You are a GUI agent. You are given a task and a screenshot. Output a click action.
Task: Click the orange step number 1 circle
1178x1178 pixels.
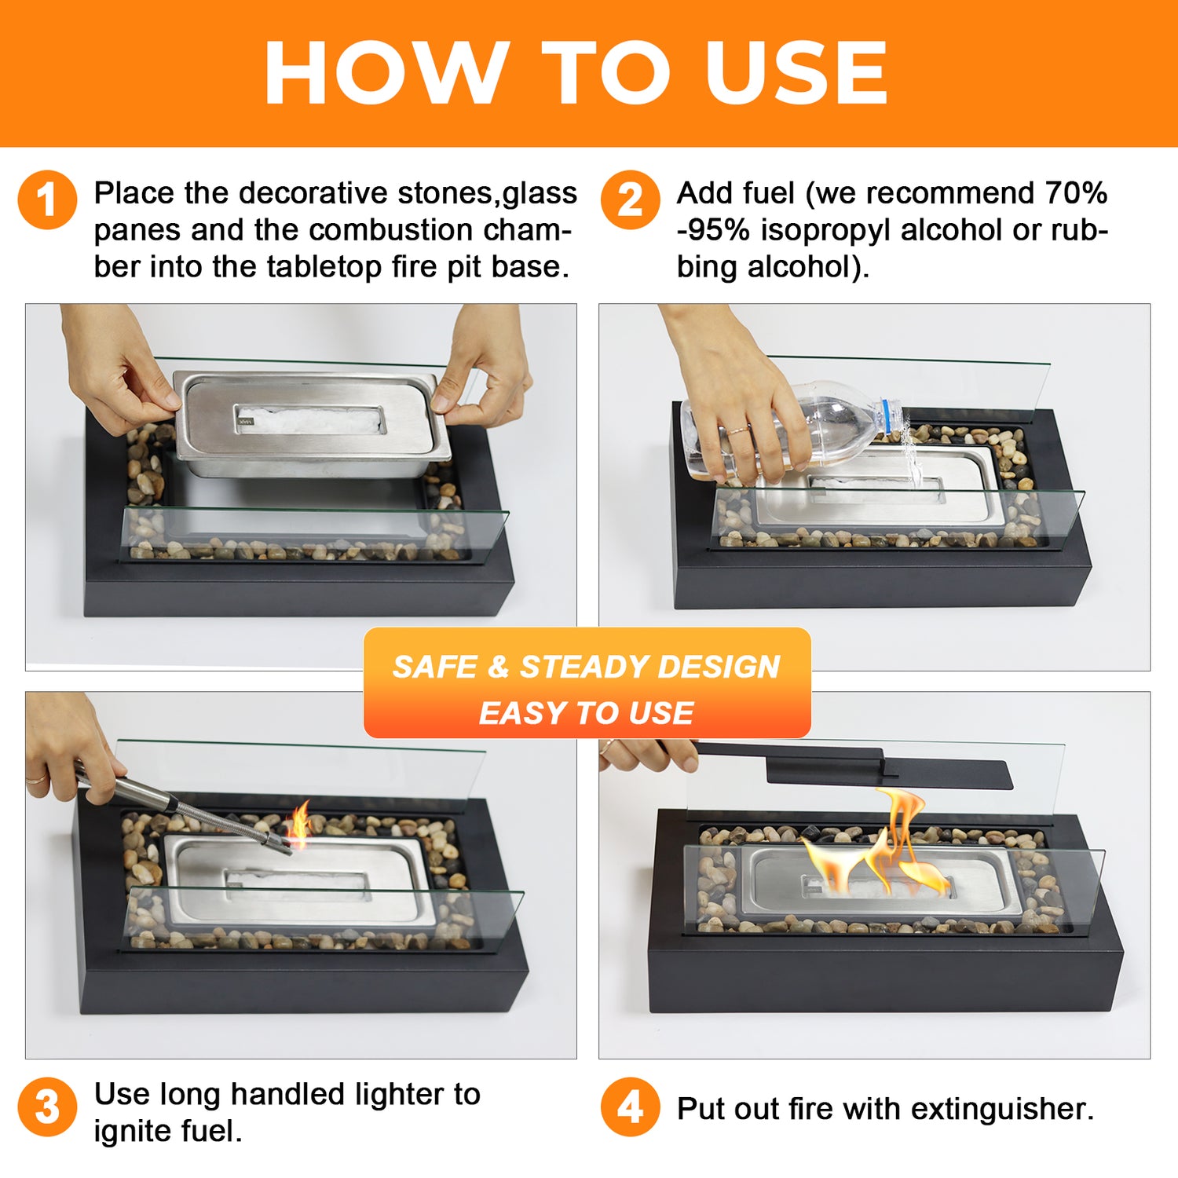(x=47, y=200)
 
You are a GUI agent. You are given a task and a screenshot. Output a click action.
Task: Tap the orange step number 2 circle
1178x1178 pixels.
(x=631, y=200)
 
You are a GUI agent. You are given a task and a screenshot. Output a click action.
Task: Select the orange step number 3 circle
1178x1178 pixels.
(x=47, y=1107)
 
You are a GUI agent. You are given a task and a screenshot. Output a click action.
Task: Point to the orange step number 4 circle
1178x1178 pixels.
(x=631, y=1107)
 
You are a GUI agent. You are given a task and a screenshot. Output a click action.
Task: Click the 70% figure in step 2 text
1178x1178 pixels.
(x=1076, y=193)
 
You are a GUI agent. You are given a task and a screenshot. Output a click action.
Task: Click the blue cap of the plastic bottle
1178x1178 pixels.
(x=890, y=416)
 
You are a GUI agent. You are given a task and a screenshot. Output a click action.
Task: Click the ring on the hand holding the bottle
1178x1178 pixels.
(x=737, y=430)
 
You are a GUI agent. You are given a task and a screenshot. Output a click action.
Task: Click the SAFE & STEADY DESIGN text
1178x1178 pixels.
(x=586, y=667)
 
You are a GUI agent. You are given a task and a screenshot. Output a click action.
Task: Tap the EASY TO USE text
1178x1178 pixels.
(x=586, y=713)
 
